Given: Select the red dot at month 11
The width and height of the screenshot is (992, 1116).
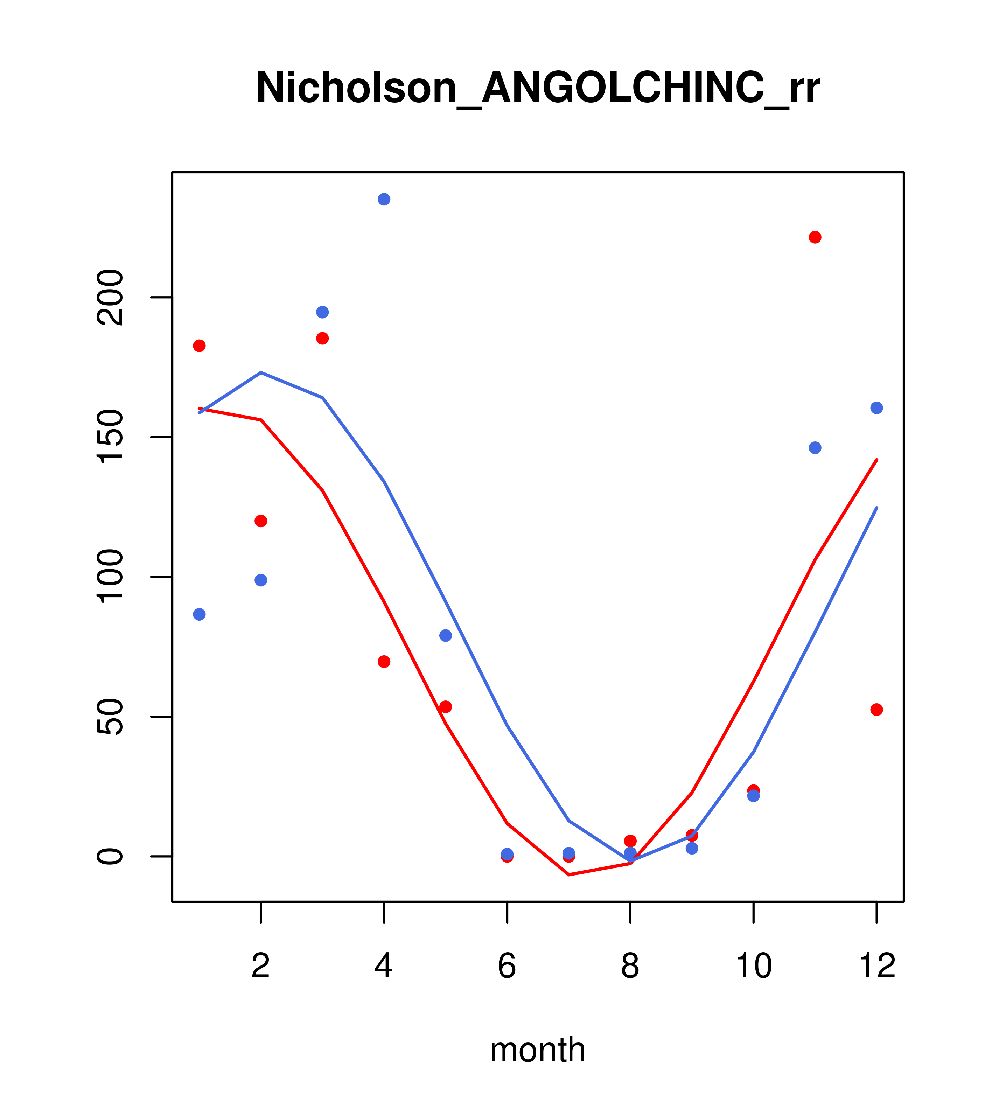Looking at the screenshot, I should [x=815, y=237].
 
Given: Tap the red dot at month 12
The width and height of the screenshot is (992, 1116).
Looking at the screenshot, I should [x=877, y=710].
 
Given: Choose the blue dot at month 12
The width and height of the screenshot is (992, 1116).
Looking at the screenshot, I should [x=877, y=408].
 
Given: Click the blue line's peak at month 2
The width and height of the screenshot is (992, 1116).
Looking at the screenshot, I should [x=261, y=372].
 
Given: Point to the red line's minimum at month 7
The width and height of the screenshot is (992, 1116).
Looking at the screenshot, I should [x=569, y=875].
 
